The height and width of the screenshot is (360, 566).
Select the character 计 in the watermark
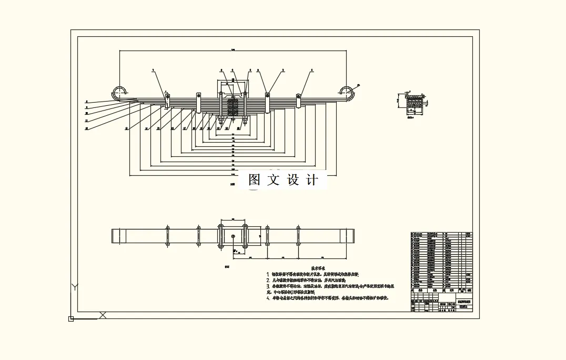pos(312,180)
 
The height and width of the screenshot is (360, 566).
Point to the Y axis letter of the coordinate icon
pos(75,287)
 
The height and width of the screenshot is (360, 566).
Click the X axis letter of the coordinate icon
pos(103,315)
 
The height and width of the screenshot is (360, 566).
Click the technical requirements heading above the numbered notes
pos(319,268)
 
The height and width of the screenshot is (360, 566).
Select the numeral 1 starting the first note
pos(268,274)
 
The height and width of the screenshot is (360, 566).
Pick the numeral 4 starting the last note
pos(268,298)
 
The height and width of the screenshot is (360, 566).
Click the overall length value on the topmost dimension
pos(233,49)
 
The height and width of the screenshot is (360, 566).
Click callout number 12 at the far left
pos(86,128)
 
